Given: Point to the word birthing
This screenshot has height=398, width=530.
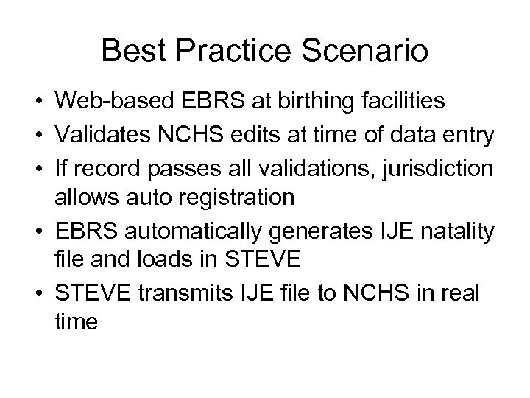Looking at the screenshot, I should coord(291,101).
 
